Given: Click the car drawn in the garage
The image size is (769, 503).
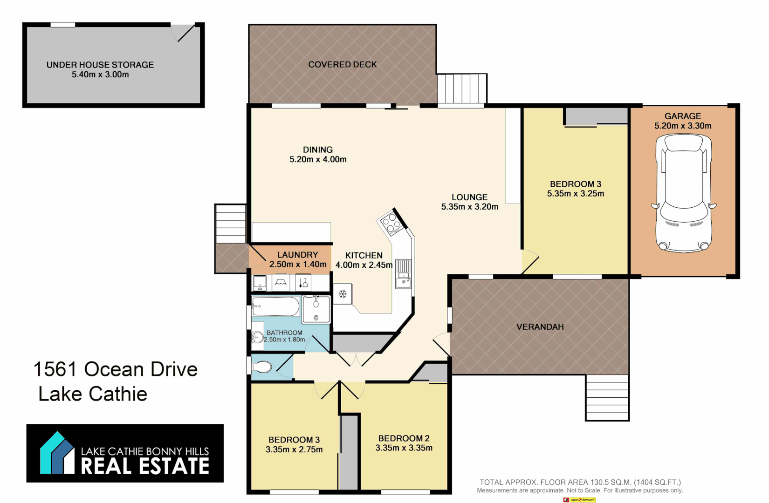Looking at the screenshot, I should (x=684, y=193).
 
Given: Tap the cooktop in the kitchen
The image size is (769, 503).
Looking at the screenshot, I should (x=391, y=223).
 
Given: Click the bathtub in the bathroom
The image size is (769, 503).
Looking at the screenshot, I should (x=275, y=306).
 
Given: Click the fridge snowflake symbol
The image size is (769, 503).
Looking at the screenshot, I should (x=343, y=294).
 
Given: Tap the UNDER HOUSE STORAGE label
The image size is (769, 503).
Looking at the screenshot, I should (x=100, y=65).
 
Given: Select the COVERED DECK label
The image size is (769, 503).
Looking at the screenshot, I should (x=342, y=64).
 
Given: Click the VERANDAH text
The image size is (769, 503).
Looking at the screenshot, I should (x=540, y=327).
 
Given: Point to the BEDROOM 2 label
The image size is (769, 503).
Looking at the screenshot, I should (x=404, y=438).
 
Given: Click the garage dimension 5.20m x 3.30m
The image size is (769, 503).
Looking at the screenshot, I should (x=682, y=126).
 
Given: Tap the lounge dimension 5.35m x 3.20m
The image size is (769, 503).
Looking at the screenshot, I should (x=469, y=207).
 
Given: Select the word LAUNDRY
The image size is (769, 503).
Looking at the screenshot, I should (x=297, y=255).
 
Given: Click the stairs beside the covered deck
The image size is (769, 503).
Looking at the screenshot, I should (x=462, y=88).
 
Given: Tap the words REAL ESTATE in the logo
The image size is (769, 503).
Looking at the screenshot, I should (x=145, y=466).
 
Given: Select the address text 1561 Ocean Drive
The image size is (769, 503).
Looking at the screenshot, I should (x=116, y=369).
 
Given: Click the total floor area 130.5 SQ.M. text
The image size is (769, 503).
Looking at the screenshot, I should (x=580, y=482).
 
